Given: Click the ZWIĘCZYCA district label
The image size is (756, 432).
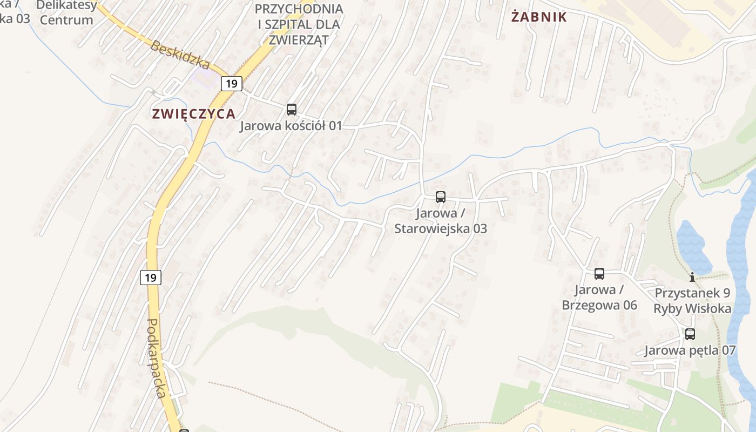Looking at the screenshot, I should click(x=194, y=114).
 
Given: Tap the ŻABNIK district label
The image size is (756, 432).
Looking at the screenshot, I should click(x=539, y=17).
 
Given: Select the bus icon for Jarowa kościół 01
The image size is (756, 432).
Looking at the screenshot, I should click(x=292, y=110).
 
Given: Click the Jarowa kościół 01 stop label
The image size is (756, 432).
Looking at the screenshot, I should click(x=291, y=126).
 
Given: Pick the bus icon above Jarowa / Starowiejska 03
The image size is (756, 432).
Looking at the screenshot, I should click(x=441, y=197).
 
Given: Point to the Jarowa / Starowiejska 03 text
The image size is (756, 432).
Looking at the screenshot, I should click(x=441, y=221).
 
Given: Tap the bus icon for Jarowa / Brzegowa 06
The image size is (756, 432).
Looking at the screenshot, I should click(x=599, y=274).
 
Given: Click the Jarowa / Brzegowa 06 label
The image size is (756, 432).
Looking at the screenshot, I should click(x=599, y=298).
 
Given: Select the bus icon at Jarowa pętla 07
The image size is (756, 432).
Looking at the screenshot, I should click(x=690, y=334).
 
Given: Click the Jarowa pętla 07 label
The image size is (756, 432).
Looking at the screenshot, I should click(x=690, y=350).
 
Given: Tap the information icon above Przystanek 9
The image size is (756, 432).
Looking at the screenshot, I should click(x=692, y=278).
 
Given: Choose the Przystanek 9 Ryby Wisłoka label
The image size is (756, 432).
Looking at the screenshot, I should click(x=692, y=301).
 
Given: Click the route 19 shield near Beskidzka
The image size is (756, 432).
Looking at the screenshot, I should click(x=232, y=84).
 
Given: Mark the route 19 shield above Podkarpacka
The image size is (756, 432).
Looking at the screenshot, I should click(x=151, y=278).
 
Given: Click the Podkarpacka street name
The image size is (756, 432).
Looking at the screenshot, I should click(x=156, y=357).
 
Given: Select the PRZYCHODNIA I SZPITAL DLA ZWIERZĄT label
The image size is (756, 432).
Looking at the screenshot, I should click(x=298, y=24).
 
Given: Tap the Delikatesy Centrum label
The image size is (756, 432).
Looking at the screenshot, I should click(x=67, y=13).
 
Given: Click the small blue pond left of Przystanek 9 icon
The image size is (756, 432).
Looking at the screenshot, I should click(x=693, y=246).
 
